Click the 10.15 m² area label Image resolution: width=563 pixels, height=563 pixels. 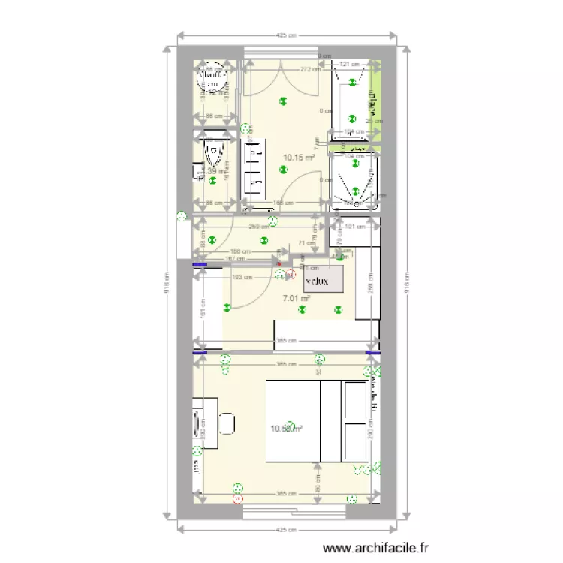298,158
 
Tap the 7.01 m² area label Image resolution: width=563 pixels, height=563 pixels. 297,298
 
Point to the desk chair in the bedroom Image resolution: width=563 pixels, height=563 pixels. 227,423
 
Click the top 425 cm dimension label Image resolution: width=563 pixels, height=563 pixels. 285,35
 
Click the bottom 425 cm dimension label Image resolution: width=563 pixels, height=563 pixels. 285,530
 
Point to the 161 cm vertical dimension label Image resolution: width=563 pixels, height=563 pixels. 202,308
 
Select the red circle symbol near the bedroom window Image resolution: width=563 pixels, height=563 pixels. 239,498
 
